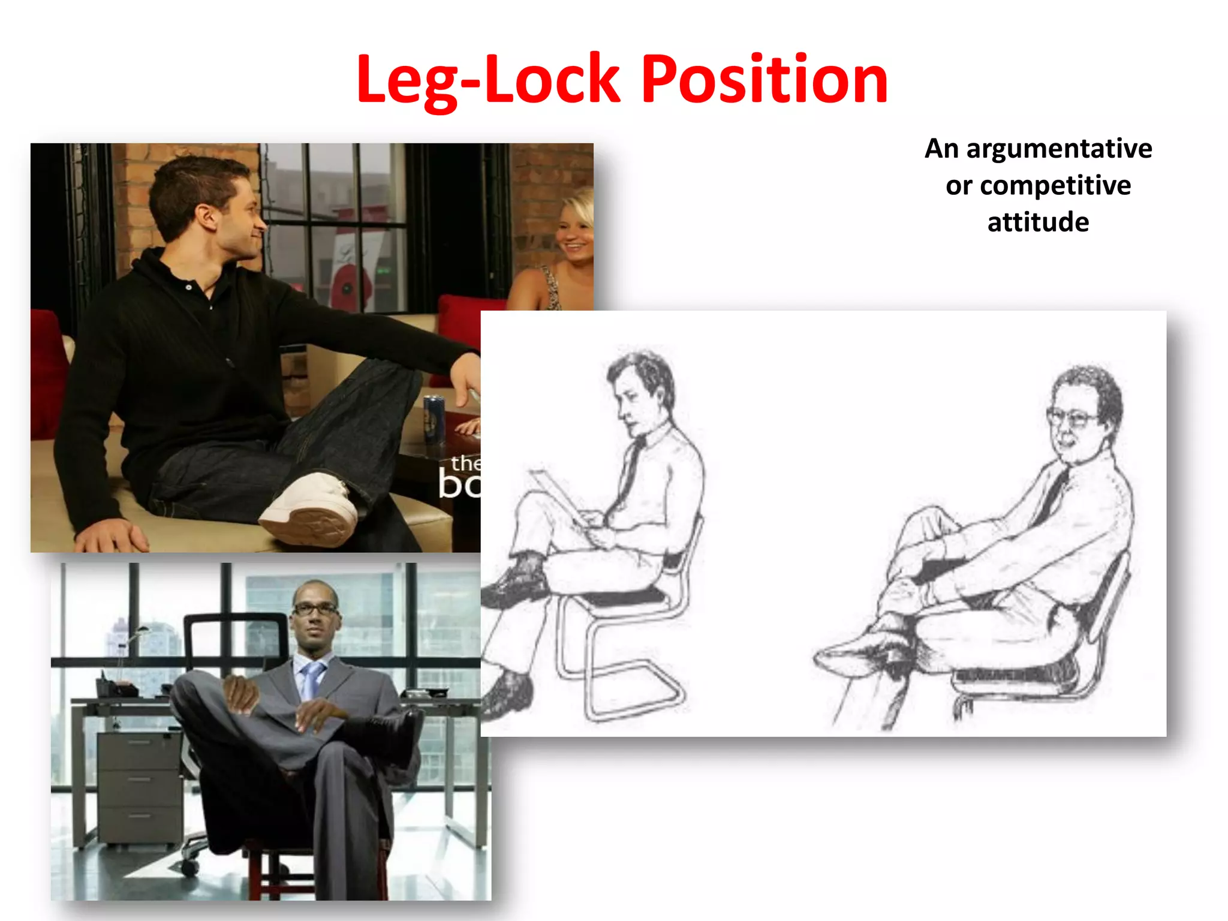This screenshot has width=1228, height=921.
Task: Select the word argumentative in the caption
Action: point(1059,149)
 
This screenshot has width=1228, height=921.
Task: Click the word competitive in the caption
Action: point(1055,185)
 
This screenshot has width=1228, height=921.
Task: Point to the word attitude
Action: point(1038,222)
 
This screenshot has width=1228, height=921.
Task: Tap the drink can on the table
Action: point(434,419)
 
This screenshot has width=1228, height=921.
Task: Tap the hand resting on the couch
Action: point(114,535)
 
